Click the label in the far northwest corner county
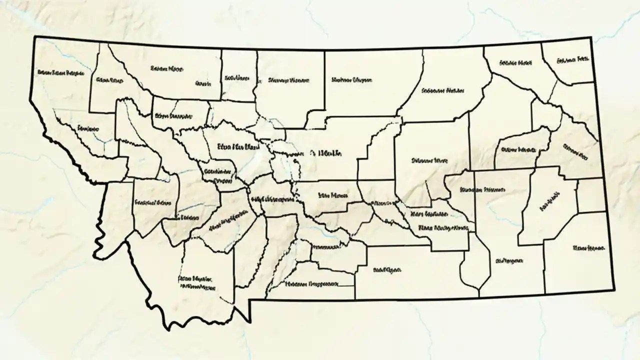60,73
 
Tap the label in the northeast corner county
572,60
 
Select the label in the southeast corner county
589,247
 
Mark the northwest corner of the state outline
34,37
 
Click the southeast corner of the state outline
614,289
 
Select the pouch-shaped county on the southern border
475,265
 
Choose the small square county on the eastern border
591,195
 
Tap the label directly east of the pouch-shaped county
509,260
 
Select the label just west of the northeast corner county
514,63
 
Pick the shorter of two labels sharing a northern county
204,83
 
